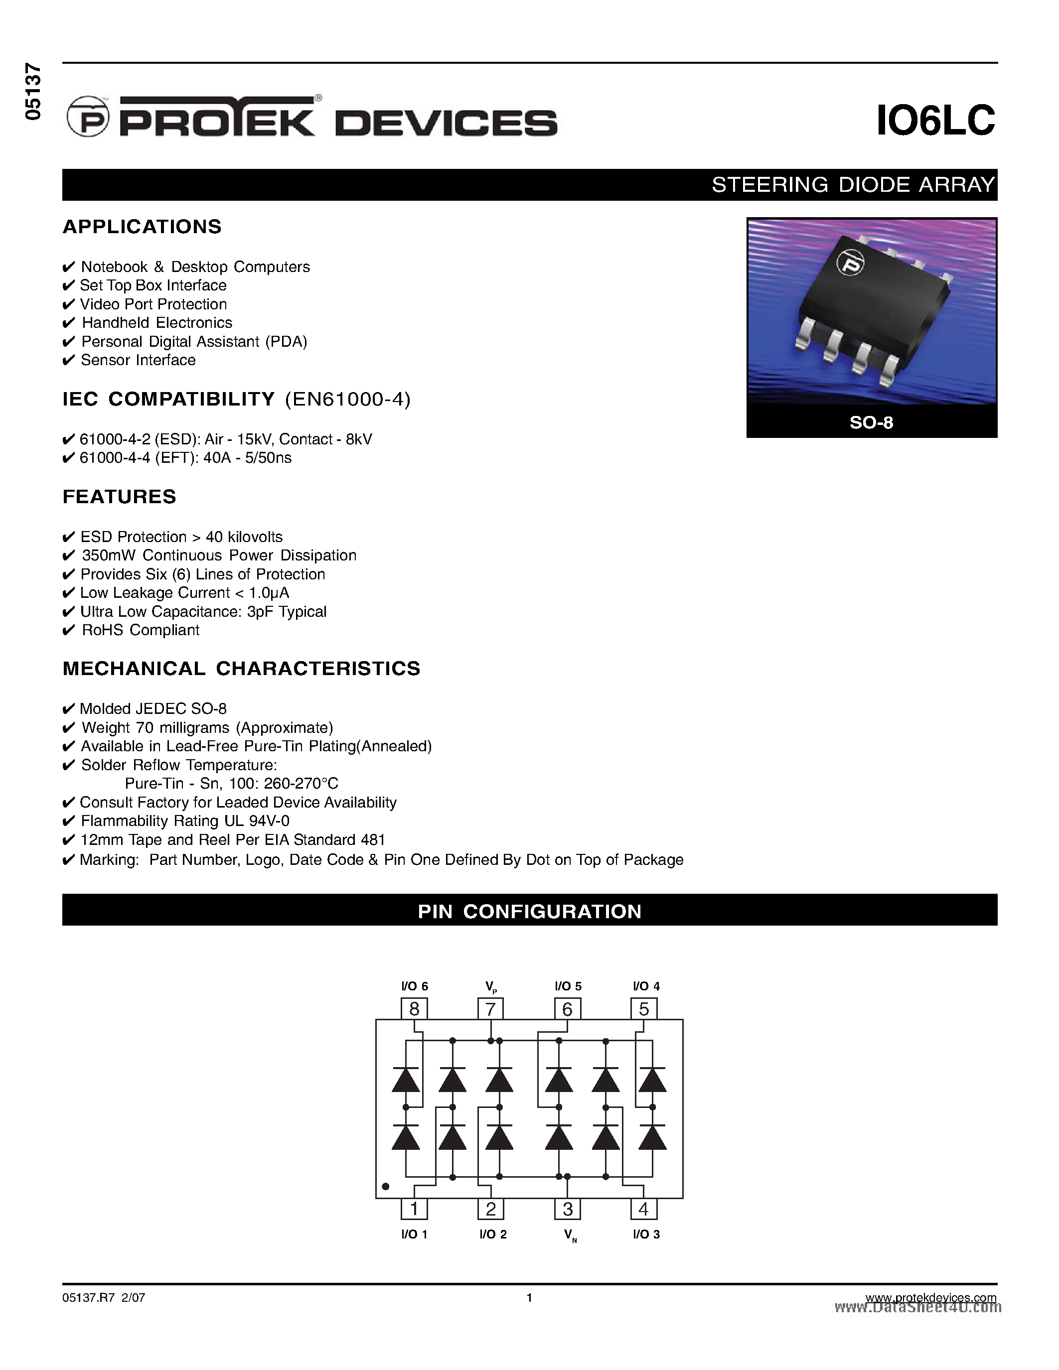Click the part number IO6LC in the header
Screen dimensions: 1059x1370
(x=935, y=121)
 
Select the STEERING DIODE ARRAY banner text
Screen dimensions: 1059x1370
(x=853, y=185)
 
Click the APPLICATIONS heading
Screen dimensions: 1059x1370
(x=142, y=227)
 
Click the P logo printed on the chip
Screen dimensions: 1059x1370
(x=851, y=263)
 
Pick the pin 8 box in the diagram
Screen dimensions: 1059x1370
(x=414, y=1009)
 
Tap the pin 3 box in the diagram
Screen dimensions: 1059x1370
(x=567, y=1209)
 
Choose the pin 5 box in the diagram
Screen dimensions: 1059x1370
(x=644, y=1009)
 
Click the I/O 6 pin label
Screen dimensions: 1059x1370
(x=414, y=986)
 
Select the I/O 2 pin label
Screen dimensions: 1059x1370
(x=492, y=1234)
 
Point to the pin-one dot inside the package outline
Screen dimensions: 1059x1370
(x=386, y=1186)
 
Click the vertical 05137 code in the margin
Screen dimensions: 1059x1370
(x=32, y=92)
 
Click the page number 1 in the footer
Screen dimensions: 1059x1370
(x=529, y=1298)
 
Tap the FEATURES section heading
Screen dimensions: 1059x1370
(x=119, y=497)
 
